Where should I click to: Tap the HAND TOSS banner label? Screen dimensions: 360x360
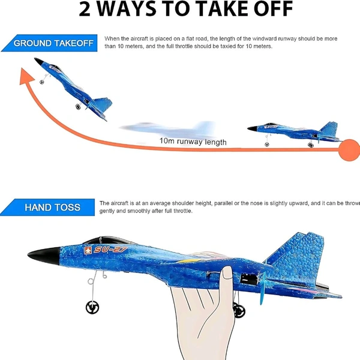tap(52, 208)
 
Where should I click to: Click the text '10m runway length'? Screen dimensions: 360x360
tap(193, 142)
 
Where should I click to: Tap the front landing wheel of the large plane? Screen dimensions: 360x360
tap(92, 306)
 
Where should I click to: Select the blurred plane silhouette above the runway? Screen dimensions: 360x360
tap(168, 129)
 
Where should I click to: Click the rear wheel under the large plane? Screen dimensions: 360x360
tap(239, 311)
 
